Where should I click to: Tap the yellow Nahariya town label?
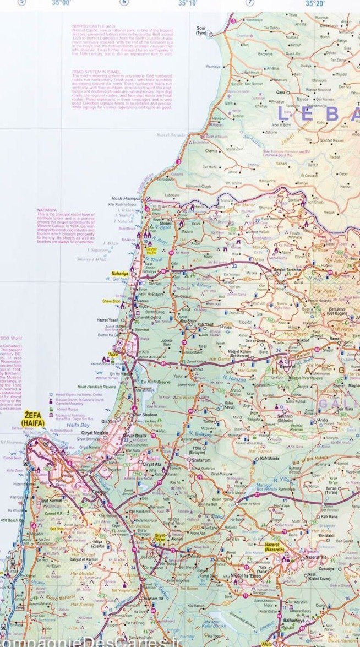pyautogui.click(x=120, y=273)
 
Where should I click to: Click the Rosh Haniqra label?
pyautogui.click(x=124, y=198)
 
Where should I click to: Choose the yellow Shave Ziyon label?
pyautogui.click(x=111, y=301)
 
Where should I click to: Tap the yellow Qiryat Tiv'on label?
pyautogui.click(x=159, y=537)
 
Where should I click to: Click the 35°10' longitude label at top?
pyautogui.click(x=187, y=3)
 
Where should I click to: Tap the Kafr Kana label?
pyautogui.click(x=329, y=516)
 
